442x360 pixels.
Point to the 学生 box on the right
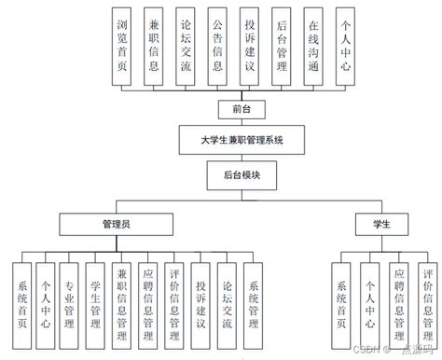point(380,225)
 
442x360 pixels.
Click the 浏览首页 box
point(124,48)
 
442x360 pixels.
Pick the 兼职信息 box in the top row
point(155,48)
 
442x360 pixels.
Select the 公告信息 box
point(217,48)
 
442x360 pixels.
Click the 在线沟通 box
point(314,48)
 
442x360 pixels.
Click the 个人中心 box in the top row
point(346,48)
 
